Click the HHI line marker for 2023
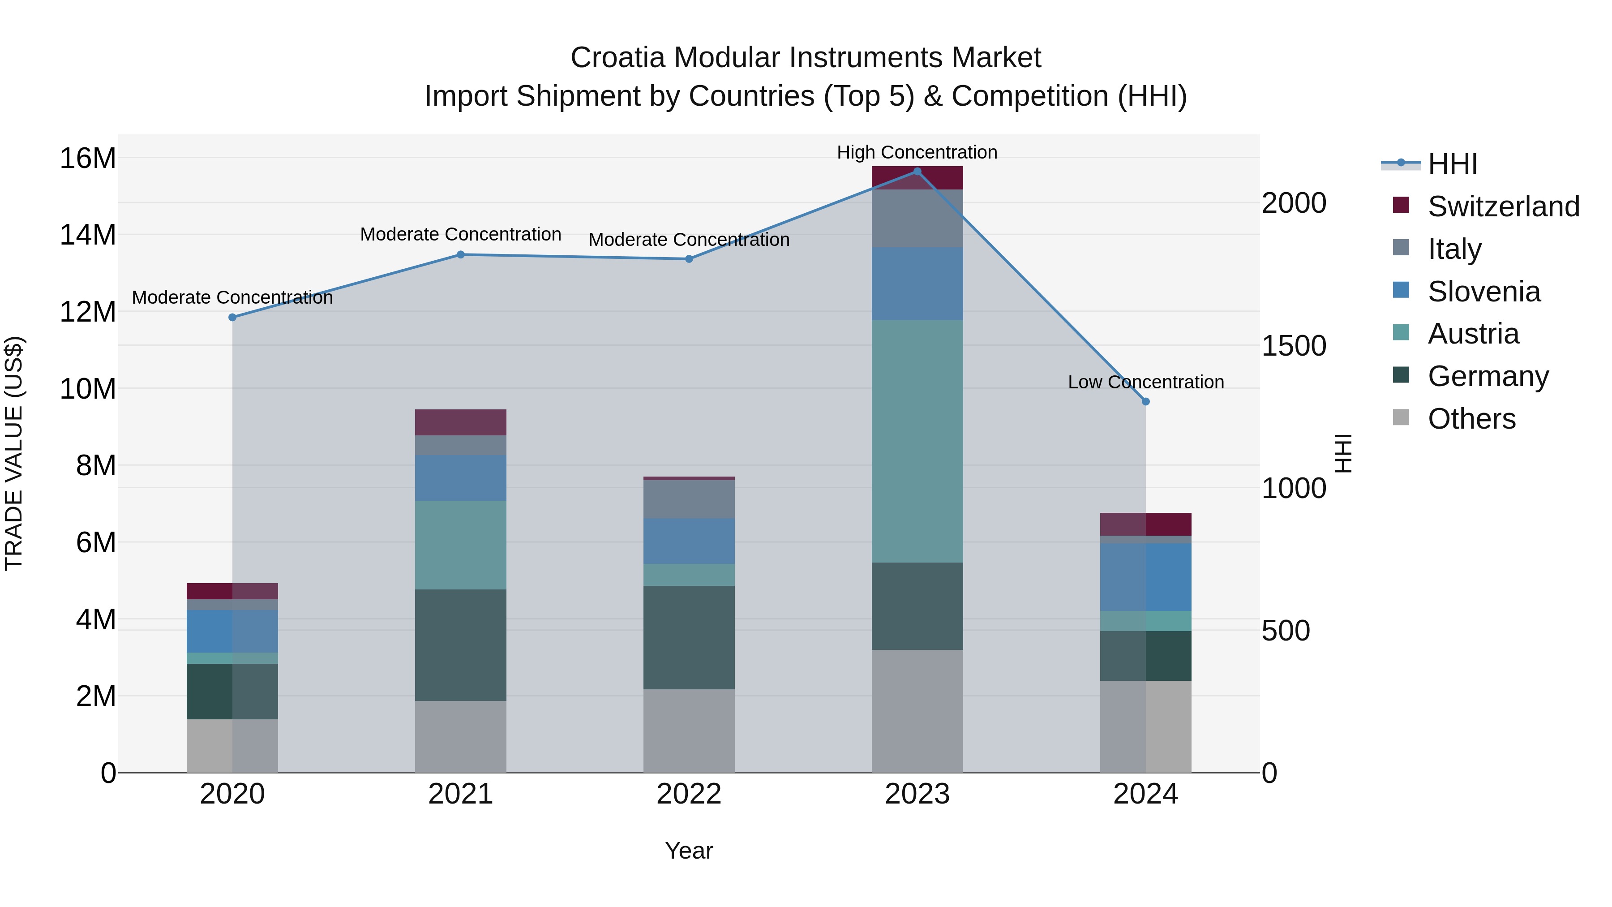pos(917,172)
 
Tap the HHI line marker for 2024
pos(1146,402)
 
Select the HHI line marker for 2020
pos(232,318)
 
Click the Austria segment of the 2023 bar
pos(917,441)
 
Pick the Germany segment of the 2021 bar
pos(461,645)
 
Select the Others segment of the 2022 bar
pos(689,731)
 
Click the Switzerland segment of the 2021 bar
pos(461,422)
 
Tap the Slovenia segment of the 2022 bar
pos(689,541)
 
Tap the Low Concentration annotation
pos(1146,382)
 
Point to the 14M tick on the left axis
pos(88,235)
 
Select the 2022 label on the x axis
pos(689,794)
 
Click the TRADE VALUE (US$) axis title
pos(14,453)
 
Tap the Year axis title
pos(689,851)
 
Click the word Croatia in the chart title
pos(617,58)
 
